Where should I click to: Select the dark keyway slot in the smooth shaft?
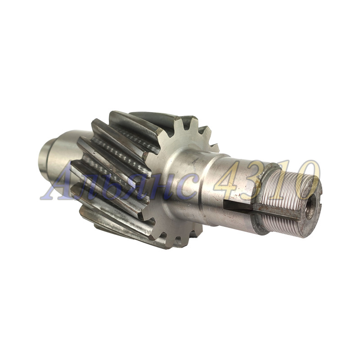238,205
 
